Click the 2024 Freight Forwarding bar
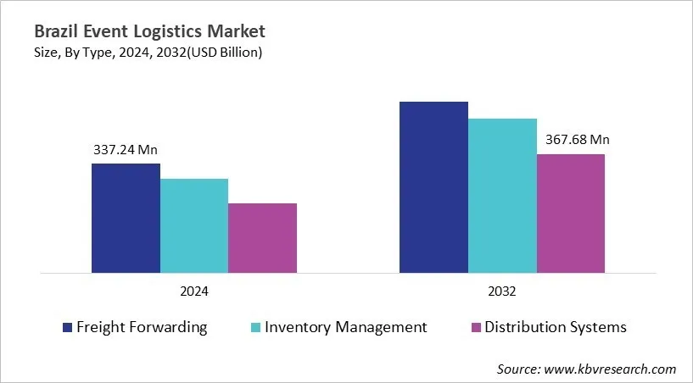[x=126, y=219]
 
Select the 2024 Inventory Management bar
[x=194, y=226]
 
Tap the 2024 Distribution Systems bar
[x=262, y=238]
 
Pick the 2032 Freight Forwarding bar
[x=433, y=187]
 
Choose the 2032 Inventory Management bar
[x=502, y=196]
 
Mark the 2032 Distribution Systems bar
[x=571, y=214]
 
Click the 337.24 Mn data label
[x=126, y=150]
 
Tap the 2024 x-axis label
[x=194, y=291]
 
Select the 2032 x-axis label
[x=502, y=291]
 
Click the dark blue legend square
[x=67, y=327]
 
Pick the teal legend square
[x=255, y=327]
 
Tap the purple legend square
[x=476, y=327]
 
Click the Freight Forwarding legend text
[x=142, y=327]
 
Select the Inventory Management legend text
[x=346, y=327]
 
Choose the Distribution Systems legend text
[x=556, y=327]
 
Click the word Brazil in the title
[x=56, y=32]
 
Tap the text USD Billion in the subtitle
[x=225, y=53]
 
